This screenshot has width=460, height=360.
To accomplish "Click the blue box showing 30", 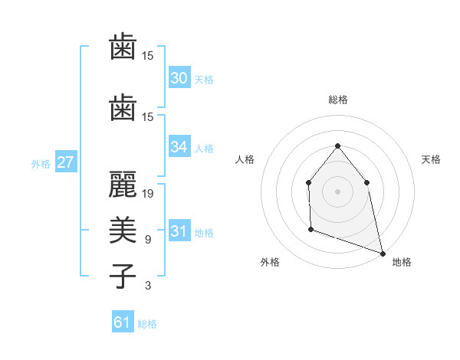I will click(179, 78).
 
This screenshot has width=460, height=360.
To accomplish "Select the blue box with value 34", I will click(179, 147).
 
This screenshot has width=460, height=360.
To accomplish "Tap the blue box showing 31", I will click(179, 231).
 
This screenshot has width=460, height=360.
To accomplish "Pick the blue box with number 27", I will click(65, 162).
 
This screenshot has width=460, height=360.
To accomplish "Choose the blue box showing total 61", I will click(123, 322).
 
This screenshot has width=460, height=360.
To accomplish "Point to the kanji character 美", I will click(123, 229).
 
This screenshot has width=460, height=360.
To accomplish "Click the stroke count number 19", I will click(148, 193).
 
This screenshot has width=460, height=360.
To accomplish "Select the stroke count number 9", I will click(148, 240).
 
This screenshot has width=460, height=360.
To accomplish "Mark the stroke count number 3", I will click(148, 286).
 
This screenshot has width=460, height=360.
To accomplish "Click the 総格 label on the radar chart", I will click(337, 100).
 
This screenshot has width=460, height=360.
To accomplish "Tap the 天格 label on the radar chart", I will click(431, 159).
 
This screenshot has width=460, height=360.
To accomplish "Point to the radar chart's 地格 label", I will click(402, 262).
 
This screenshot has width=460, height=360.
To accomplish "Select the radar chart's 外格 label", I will click(270, 262).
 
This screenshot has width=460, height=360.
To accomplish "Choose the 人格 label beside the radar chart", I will click(245, 159).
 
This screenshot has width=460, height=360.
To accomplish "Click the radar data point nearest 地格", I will click(382, 252).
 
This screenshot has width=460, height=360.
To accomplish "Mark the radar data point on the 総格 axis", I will click(337, 146).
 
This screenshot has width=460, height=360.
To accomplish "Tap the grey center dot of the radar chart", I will click(337, 191).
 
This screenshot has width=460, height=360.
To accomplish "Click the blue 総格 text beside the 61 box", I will click(147, 324).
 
